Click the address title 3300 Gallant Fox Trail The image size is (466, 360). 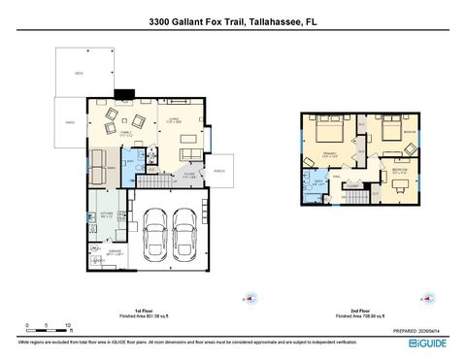point(232,19)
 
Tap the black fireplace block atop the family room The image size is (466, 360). point(123,94)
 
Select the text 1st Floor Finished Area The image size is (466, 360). point(145,313)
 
